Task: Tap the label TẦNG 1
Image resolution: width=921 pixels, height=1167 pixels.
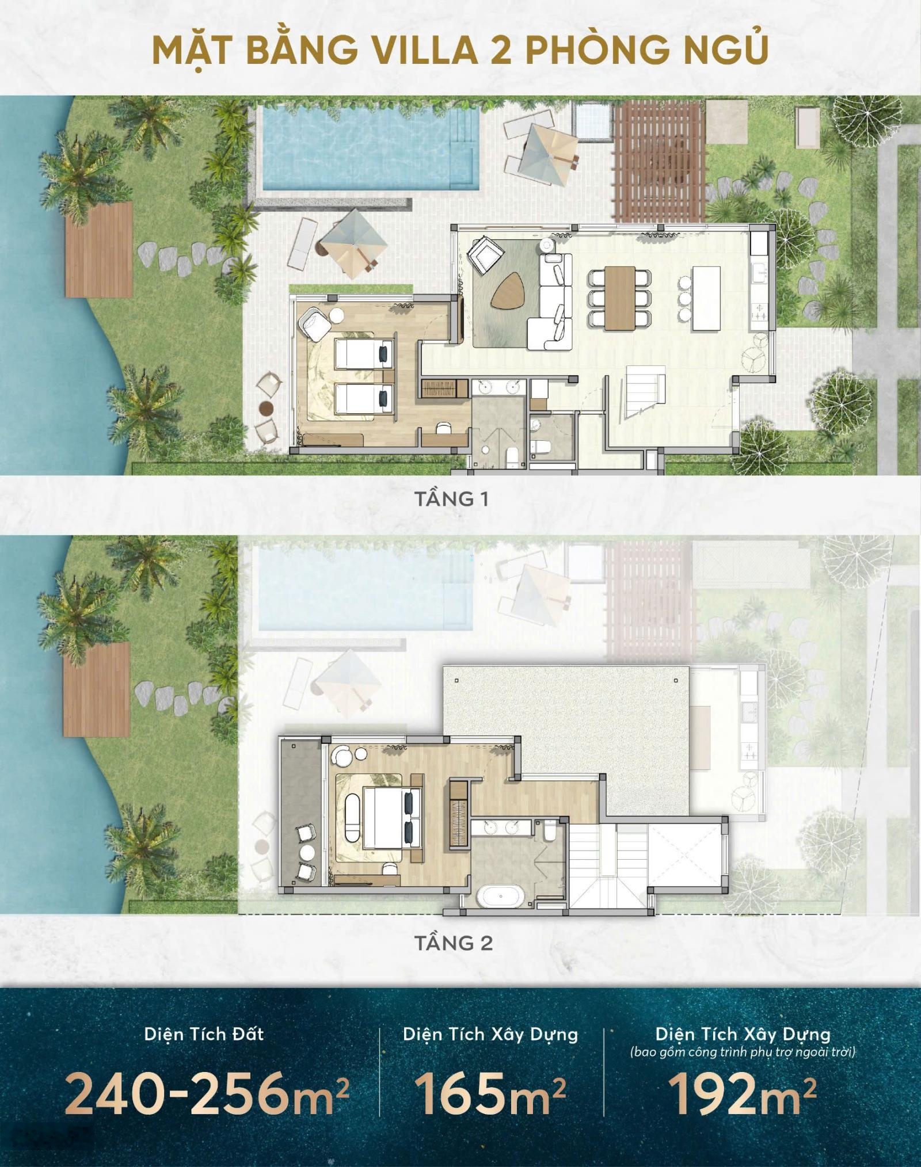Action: click(x=451, y=499)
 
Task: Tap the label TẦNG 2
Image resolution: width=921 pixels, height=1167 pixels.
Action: click(x=453, y=943)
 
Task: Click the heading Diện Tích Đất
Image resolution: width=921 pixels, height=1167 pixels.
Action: click(x=204, y=1034)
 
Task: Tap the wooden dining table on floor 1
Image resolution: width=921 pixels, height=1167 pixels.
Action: click(x=620, y=298)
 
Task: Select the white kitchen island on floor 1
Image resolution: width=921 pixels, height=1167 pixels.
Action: click(x=706, y=298)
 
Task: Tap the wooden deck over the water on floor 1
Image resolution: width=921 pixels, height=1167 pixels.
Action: click(x=99, y=249)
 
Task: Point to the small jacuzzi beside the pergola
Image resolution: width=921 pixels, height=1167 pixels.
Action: click(x=591, y=120)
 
